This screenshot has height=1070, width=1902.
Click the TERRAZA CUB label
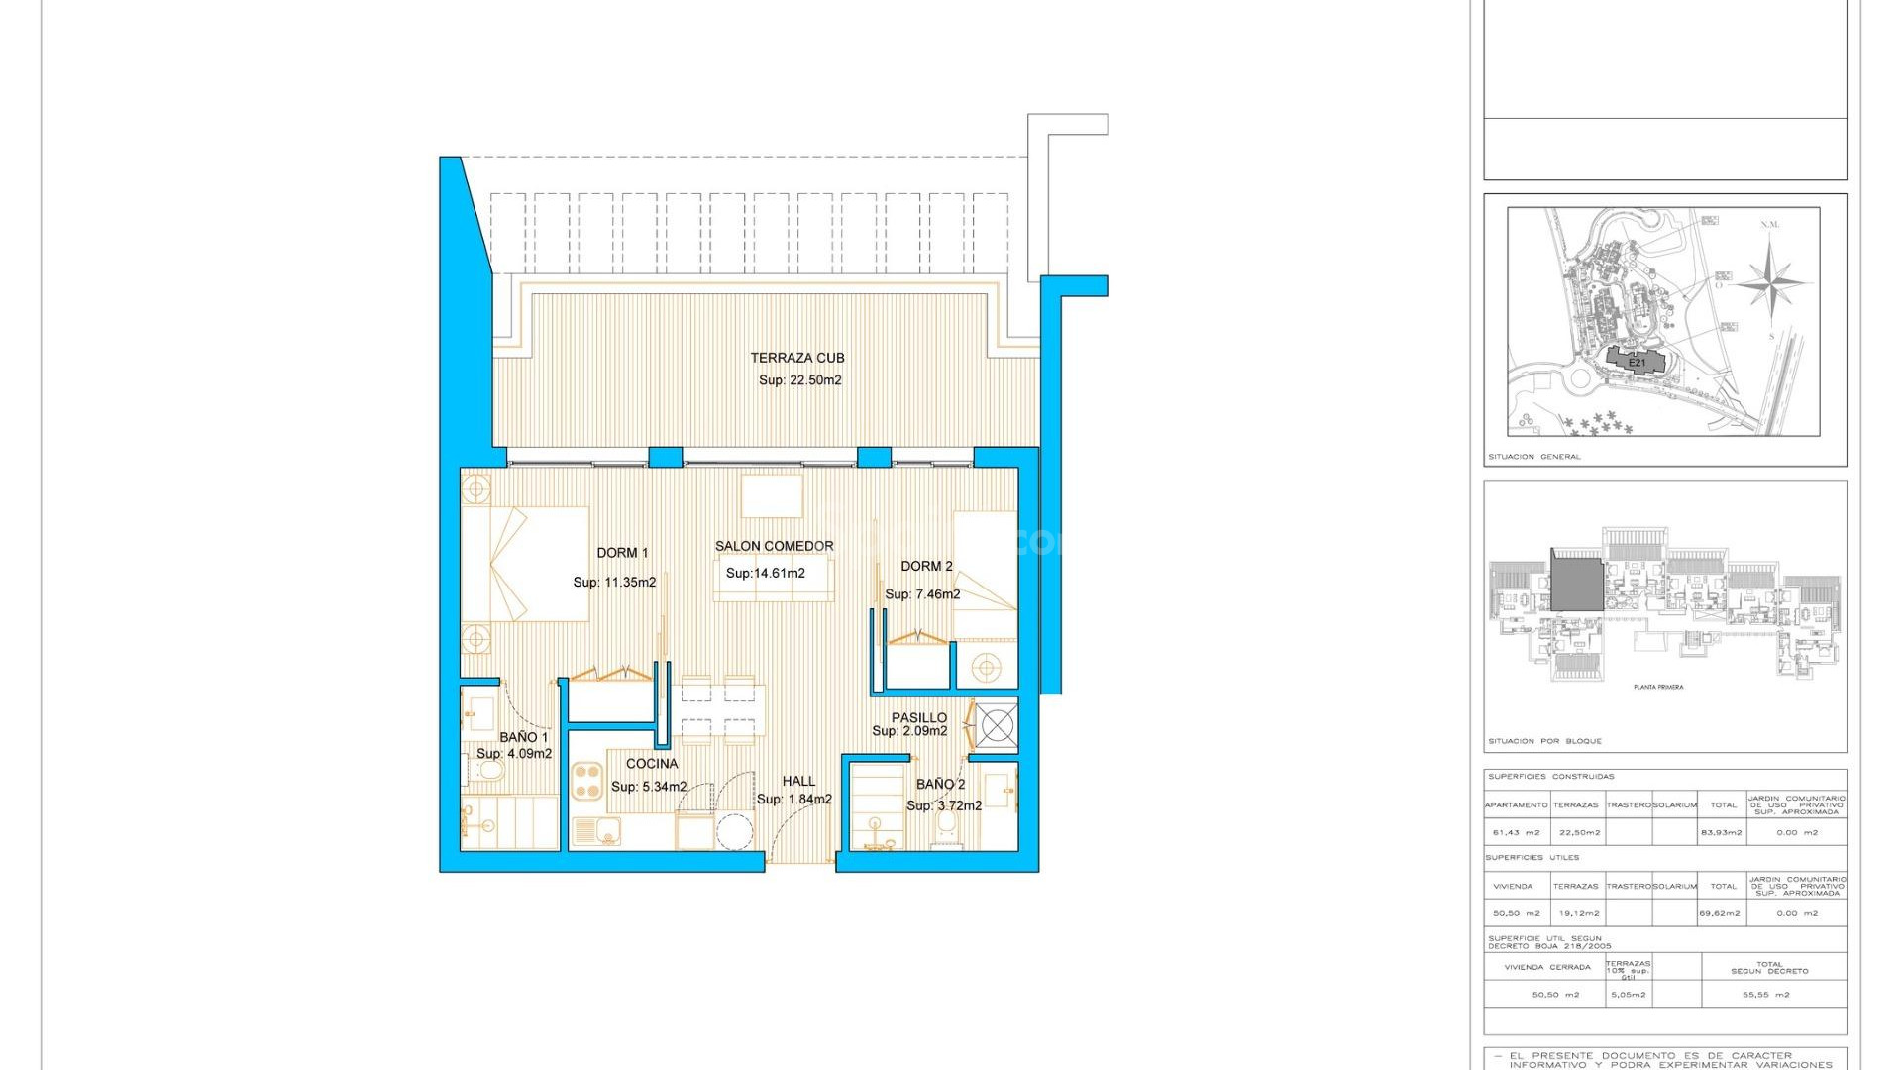[796, 358]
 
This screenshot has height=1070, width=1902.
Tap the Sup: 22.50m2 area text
[799, 380]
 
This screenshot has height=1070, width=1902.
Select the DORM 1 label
[622, 553]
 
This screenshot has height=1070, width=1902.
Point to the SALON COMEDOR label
[774, 546]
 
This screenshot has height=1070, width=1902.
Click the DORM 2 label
[926, 566]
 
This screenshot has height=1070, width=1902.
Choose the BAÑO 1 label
[523, 737]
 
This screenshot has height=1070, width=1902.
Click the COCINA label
[652, 764]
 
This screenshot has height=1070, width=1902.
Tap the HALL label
[798, 782]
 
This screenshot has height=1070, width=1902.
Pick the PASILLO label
[918, 717]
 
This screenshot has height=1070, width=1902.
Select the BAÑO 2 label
[940, 784]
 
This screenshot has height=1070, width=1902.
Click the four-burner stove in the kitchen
[587, 780]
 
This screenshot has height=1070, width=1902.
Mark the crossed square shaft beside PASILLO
[997, 726]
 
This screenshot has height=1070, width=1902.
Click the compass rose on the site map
[1769, 277]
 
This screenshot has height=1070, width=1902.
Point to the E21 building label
[1637, 363]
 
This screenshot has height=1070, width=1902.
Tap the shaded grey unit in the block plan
[1576, 584]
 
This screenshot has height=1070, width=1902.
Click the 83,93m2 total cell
[1721, 832]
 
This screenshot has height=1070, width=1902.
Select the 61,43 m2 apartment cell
[1516, 832]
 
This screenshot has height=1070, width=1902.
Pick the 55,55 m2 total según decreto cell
[1765, 994]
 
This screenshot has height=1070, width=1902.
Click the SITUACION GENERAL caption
[1533, 457]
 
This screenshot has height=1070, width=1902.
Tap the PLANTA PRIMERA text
[1657, 687]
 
